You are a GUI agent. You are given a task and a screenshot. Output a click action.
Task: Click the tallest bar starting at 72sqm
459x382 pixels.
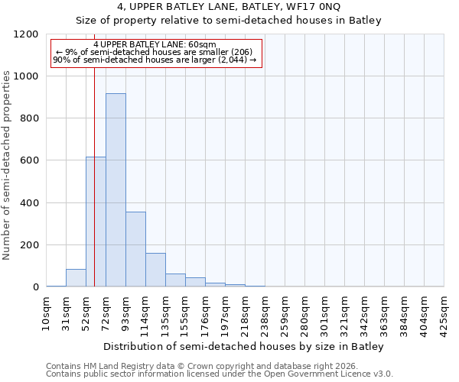click(116, 190)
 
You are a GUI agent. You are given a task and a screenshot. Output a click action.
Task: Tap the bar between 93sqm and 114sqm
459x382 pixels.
click(135, 249)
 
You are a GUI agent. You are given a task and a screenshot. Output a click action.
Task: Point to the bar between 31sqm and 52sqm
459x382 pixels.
click(76, 278)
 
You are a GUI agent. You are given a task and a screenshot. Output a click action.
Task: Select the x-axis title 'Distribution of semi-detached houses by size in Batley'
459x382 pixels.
click(245, 346)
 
